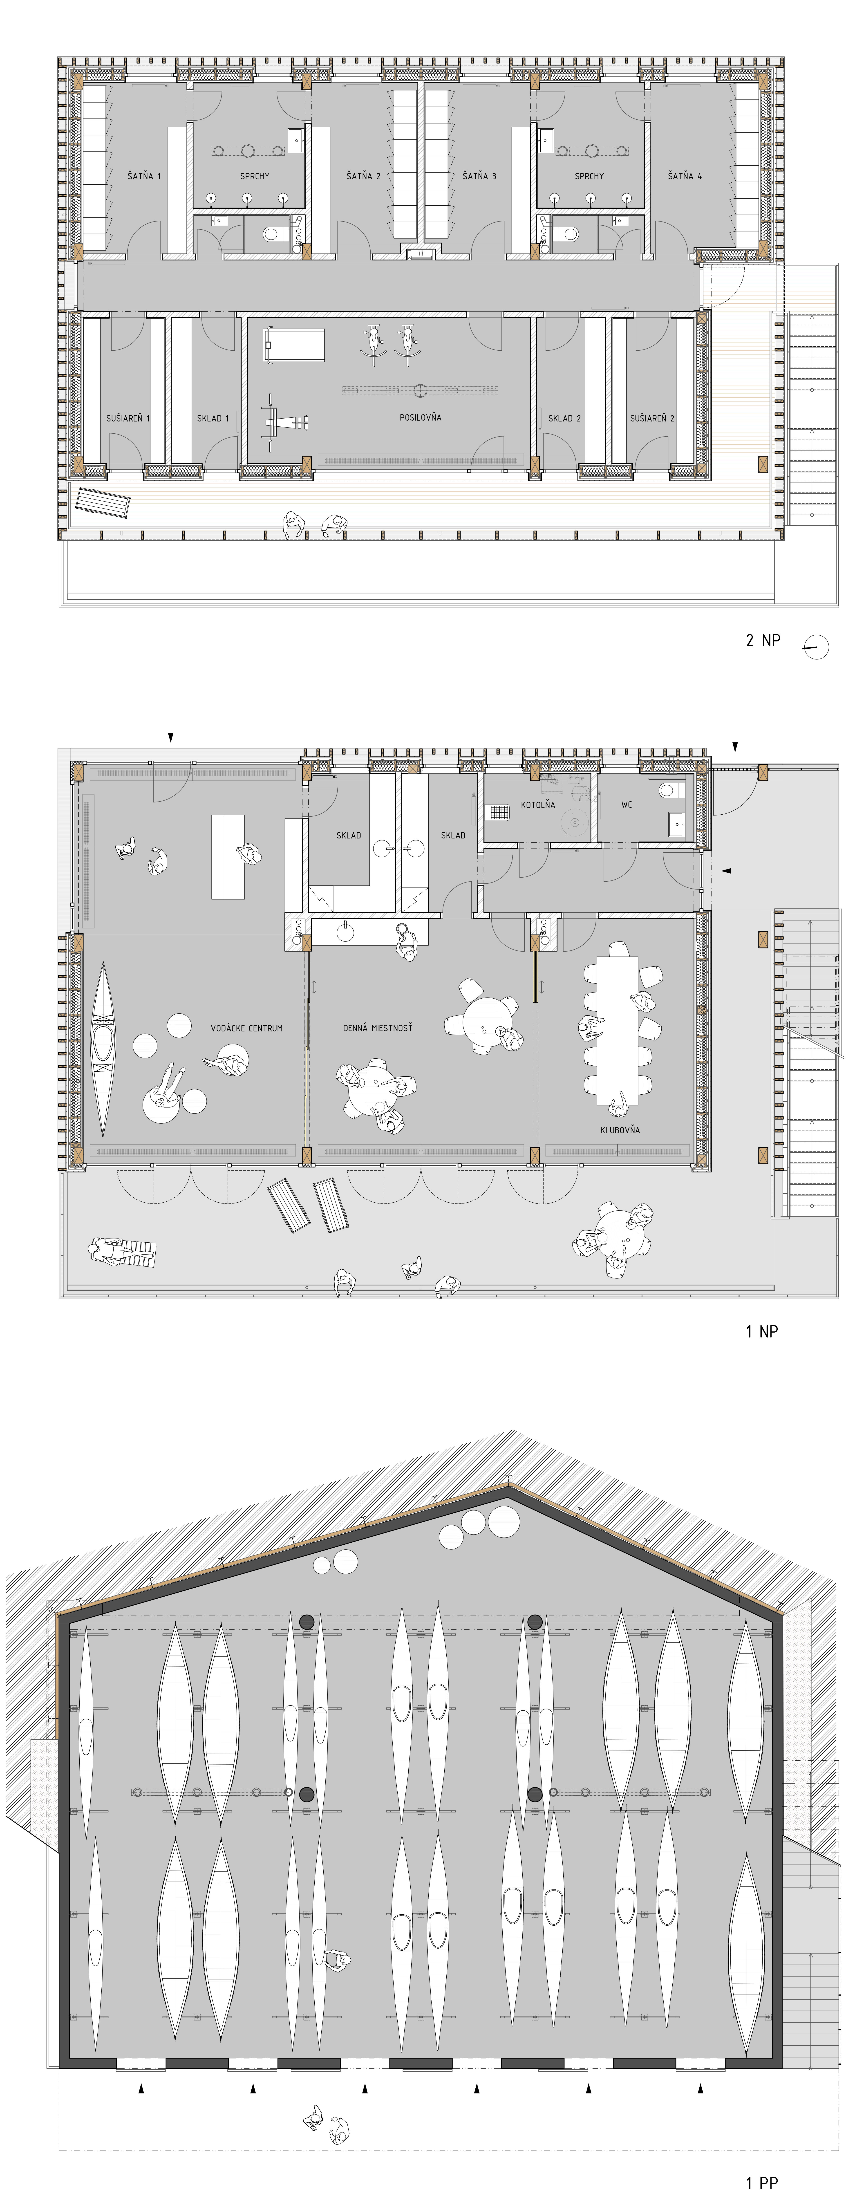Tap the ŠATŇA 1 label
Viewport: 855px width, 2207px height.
tap(144, 176)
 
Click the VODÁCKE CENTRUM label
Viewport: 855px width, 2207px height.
tap(247, 1027)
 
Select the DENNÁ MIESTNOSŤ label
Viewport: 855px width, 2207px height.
tap(378, 1027)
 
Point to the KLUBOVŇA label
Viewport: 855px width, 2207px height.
tap(620, 1129)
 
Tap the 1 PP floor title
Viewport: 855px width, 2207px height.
tap(762, 2183)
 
